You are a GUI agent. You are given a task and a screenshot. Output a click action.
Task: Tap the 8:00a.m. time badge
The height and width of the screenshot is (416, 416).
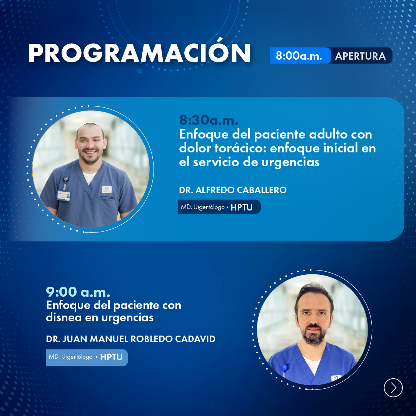pos(300,56)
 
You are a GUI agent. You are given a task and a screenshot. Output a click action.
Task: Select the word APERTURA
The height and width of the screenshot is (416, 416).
pos(360,56)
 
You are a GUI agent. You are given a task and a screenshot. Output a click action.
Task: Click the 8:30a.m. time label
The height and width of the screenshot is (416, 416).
pos(209,120)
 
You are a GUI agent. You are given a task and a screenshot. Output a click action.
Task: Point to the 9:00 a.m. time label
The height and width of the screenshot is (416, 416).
pos(78,292)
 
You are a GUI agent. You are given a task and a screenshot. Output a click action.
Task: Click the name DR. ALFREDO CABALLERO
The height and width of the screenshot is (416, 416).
pos(233,190)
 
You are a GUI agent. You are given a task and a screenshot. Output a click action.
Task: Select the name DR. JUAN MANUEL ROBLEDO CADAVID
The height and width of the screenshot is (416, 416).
pos(130,339)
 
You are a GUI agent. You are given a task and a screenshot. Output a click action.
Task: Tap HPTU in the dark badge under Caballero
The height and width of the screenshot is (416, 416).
pos(241,207)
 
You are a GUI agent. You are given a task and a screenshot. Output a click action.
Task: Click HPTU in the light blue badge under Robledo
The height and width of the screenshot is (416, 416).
pos(111,357)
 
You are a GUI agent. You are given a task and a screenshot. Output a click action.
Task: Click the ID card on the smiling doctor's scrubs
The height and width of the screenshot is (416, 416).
pos(63,196)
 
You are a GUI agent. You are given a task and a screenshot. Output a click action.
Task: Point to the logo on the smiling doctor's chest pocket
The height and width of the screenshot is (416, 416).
pos(107,189)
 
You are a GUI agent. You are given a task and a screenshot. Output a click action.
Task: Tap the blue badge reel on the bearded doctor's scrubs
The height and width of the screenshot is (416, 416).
pos(285,367)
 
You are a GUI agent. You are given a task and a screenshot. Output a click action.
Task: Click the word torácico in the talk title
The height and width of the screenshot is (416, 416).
pos(240,148)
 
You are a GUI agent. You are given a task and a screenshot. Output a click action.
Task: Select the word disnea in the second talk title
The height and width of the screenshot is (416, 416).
pos(63,317)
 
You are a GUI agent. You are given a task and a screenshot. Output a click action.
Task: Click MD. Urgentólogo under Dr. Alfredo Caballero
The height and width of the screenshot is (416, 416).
pos(203,207)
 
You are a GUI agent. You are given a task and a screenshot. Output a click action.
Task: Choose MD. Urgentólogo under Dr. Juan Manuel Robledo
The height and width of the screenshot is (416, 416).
pos(70,357)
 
